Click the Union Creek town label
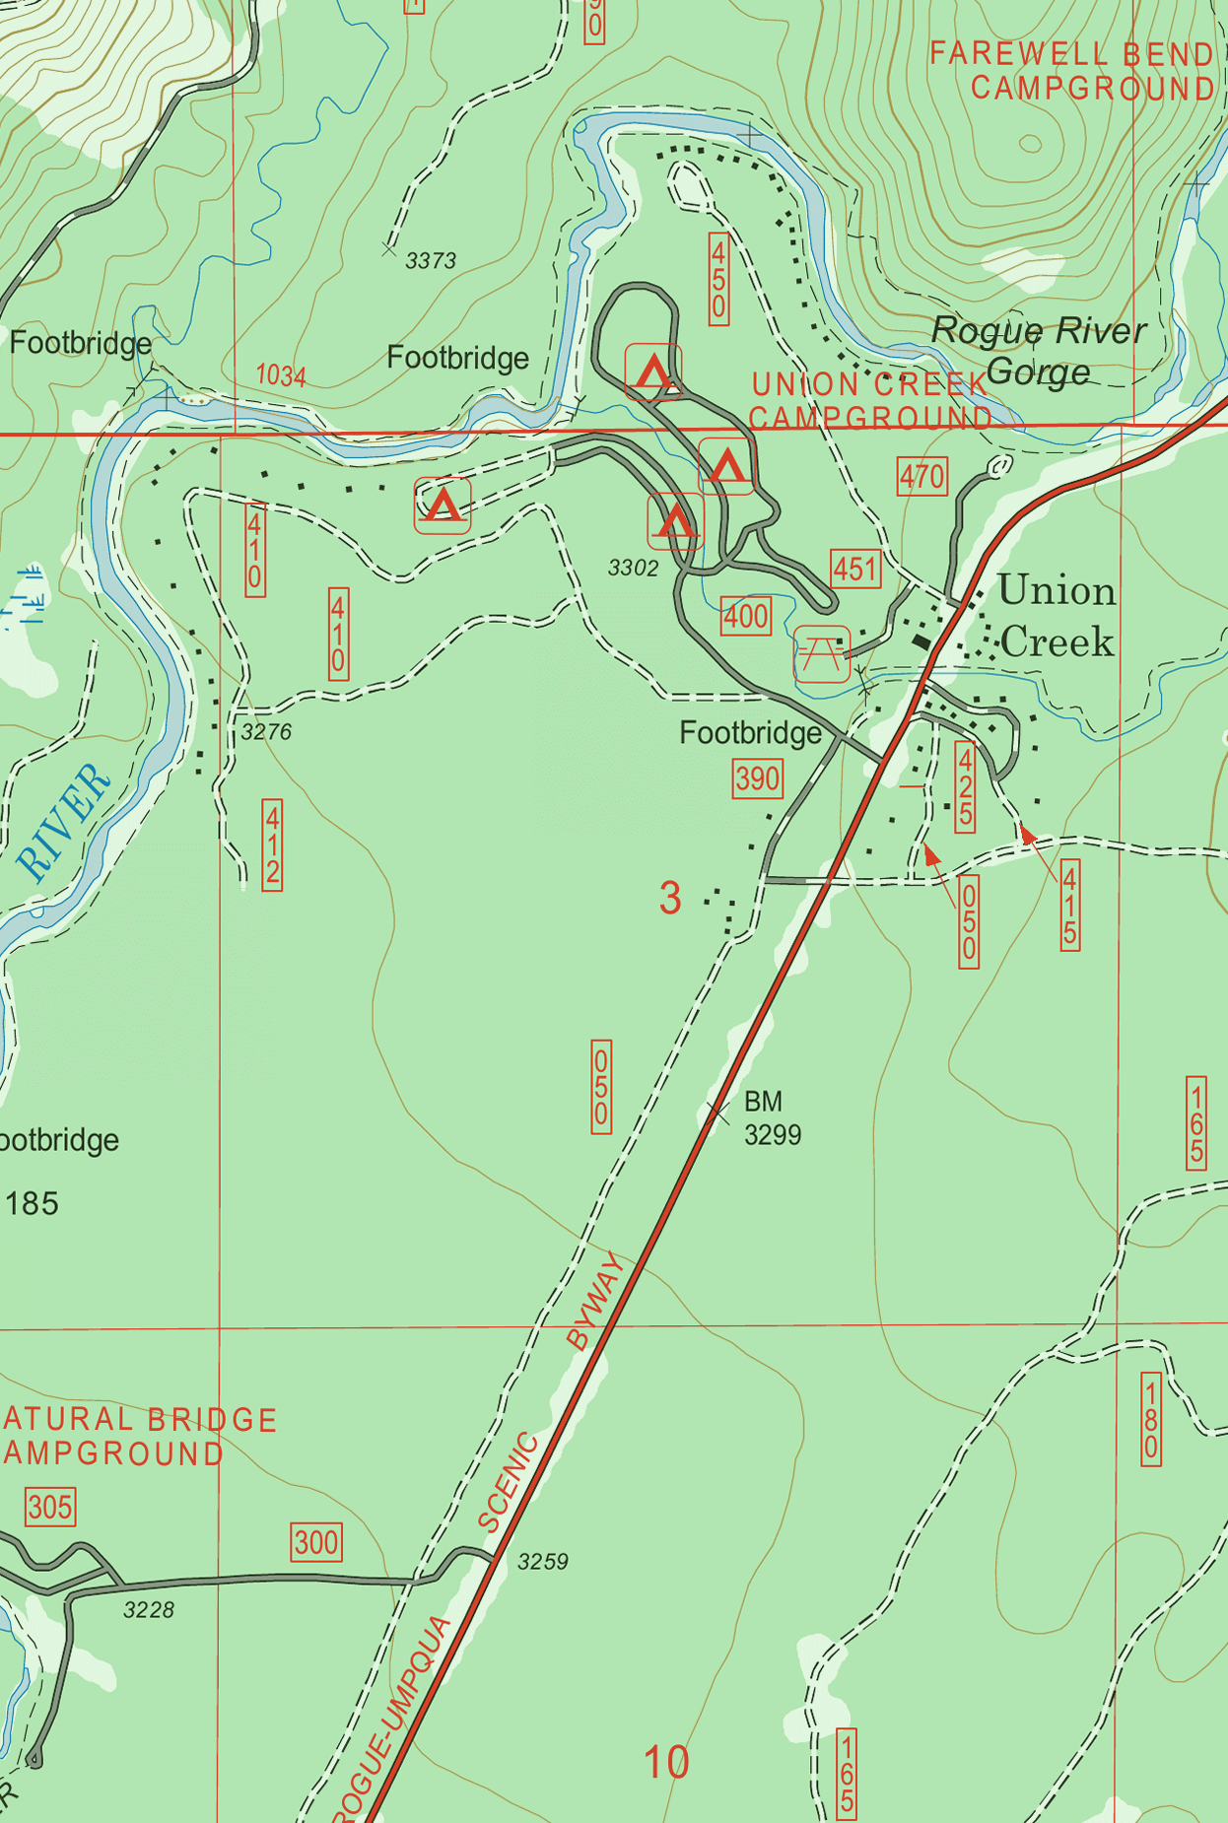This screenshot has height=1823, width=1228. pos(1057,617)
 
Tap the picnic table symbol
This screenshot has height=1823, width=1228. pos(822,653)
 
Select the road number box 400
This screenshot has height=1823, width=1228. pos(746,617)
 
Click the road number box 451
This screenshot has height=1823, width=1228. pos(854,569)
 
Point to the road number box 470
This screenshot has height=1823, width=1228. pos(921,477)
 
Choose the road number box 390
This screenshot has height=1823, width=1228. pos(757,778)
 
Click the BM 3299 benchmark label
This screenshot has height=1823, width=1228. pos(772,1117)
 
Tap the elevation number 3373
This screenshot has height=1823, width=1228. pos(431,260)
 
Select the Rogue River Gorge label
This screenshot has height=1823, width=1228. pos(1038,351)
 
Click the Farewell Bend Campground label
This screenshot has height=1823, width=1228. pos(1072,70)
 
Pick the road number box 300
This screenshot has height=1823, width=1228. pos(316,1542)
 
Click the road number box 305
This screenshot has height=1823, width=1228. pos(50,1508)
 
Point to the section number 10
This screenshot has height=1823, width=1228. pos(666,1762)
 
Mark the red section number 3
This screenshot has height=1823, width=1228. pos(670,898)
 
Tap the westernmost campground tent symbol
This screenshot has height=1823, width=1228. pos(443,506)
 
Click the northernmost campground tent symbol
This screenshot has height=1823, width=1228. pos(653,371)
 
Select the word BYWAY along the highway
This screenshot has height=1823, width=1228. pos(594,1301)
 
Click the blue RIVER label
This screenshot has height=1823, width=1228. pos(65,822)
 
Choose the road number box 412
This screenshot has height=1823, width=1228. pos(272,844)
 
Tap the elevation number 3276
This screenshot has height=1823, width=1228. pos(266,732)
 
